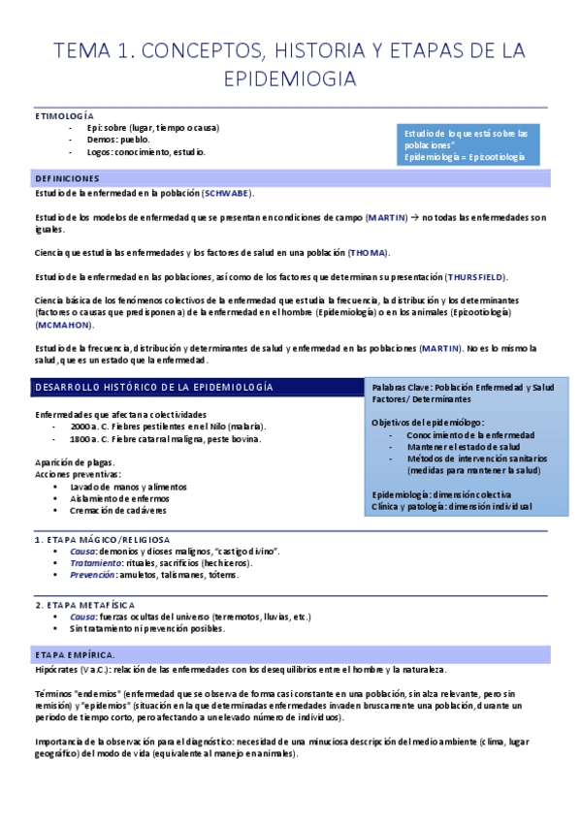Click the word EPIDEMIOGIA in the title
[x=290, y=79]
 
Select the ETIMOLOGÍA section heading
[x=64, y=114]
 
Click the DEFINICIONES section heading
[x=67, y=178]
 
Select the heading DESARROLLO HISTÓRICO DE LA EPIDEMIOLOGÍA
[x=154, y=388]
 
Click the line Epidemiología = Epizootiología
[x=464, y=156]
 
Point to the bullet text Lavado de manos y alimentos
[x=128, y=487]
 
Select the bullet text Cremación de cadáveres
[x=117, y=510]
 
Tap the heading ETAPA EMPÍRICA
[x=74, y=654]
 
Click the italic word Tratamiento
[x=96, y=563]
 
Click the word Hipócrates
[x=58, y=670]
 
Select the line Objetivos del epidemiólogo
[x=428, y=423]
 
